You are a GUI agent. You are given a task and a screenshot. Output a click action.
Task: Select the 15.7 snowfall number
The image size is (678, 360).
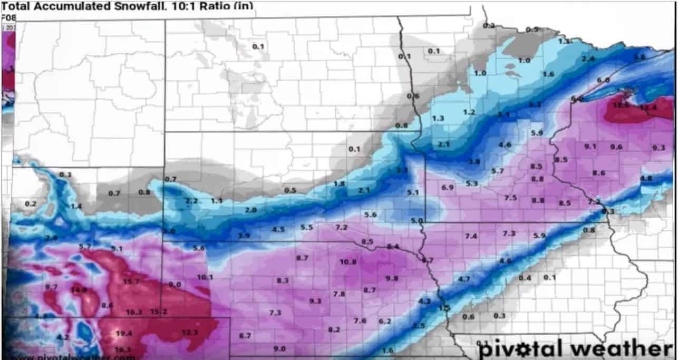(x=131, y=281)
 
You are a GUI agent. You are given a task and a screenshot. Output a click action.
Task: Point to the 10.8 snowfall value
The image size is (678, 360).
(x=348, y=262)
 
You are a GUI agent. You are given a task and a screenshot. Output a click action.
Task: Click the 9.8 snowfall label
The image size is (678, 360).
(x=392, y=278)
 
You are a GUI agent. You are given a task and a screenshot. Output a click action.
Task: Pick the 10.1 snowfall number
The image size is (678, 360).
(x=205, y=277)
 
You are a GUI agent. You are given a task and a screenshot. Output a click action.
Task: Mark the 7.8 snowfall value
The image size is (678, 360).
(x=339, y=294)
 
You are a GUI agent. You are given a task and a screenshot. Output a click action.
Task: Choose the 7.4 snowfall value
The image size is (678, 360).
(x=471, y=236)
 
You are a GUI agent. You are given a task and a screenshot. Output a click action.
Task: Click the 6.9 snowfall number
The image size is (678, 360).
(x=448, y=188)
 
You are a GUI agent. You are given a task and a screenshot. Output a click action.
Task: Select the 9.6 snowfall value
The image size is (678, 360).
(x=616, y=147)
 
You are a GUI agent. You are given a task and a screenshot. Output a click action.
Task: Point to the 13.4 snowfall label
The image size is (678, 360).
(x=648, y=108)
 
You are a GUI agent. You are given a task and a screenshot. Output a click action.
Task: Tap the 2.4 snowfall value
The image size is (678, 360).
(x=588, y=59)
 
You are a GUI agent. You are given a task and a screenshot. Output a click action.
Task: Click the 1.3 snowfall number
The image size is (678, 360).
(x=438, y=119)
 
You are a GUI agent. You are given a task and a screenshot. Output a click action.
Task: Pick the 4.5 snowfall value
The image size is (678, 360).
(x=278, y=229)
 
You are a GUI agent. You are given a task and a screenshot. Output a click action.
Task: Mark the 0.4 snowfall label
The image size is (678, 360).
(x=525, y=278)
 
